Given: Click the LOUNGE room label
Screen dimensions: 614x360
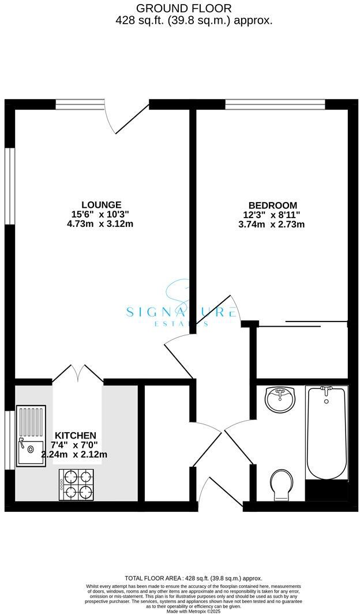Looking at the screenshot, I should [101, 204].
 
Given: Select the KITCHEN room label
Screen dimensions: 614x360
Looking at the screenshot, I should [76, 435].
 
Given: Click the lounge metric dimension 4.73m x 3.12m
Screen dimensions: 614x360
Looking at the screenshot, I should [100, 224].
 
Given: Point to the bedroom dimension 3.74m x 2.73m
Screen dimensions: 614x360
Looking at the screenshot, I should [272, 224].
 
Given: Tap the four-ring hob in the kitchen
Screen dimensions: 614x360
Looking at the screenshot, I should [76, 484].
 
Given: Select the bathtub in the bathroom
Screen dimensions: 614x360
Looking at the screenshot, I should [326, 433].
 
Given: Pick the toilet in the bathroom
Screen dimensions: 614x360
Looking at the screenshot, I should [282, 484].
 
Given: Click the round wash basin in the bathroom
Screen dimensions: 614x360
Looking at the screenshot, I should [280, 400].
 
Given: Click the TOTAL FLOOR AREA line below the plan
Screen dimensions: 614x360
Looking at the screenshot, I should [193, 578].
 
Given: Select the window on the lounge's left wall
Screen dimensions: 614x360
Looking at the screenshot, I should [9, 185].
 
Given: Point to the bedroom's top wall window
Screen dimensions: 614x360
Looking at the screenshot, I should [275, 104].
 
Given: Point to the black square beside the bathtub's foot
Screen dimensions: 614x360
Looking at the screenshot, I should [327, 491].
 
